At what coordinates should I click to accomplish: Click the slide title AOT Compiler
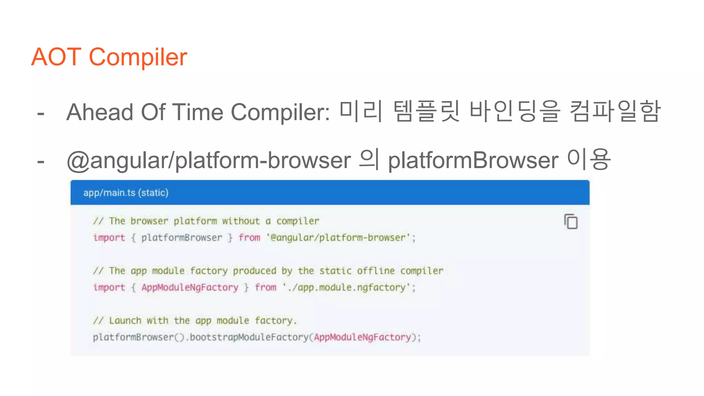click(109, 57)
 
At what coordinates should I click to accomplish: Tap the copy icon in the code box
click(571, 222)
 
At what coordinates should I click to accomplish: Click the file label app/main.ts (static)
click(126, 193)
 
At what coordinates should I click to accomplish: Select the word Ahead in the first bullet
click(100, 112)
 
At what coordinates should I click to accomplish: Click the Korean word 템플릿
click(426, 111)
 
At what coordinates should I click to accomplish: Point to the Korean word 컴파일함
click(615, 111)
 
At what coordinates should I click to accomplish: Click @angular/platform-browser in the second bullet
click(209, 161)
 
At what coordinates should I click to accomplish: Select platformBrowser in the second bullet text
click(473, 161)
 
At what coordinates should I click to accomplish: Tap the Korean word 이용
click(588, 159)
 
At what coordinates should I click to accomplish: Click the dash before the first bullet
click(41, 113)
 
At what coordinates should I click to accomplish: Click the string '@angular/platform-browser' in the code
click(341, 238)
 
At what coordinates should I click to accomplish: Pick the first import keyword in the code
click(109, 238)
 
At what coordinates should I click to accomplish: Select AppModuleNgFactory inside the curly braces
click(190, 287)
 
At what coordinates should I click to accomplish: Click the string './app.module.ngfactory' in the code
click(349, 287)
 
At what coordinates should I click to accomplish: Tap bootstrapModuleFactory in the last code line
click(249, 337)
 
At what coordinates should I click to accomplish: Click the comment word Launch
click(125, 321)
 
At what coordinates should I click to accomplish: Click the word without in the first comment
click(241, 221)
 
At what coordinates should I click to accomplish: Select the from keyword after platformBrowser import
click(250, 238)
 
